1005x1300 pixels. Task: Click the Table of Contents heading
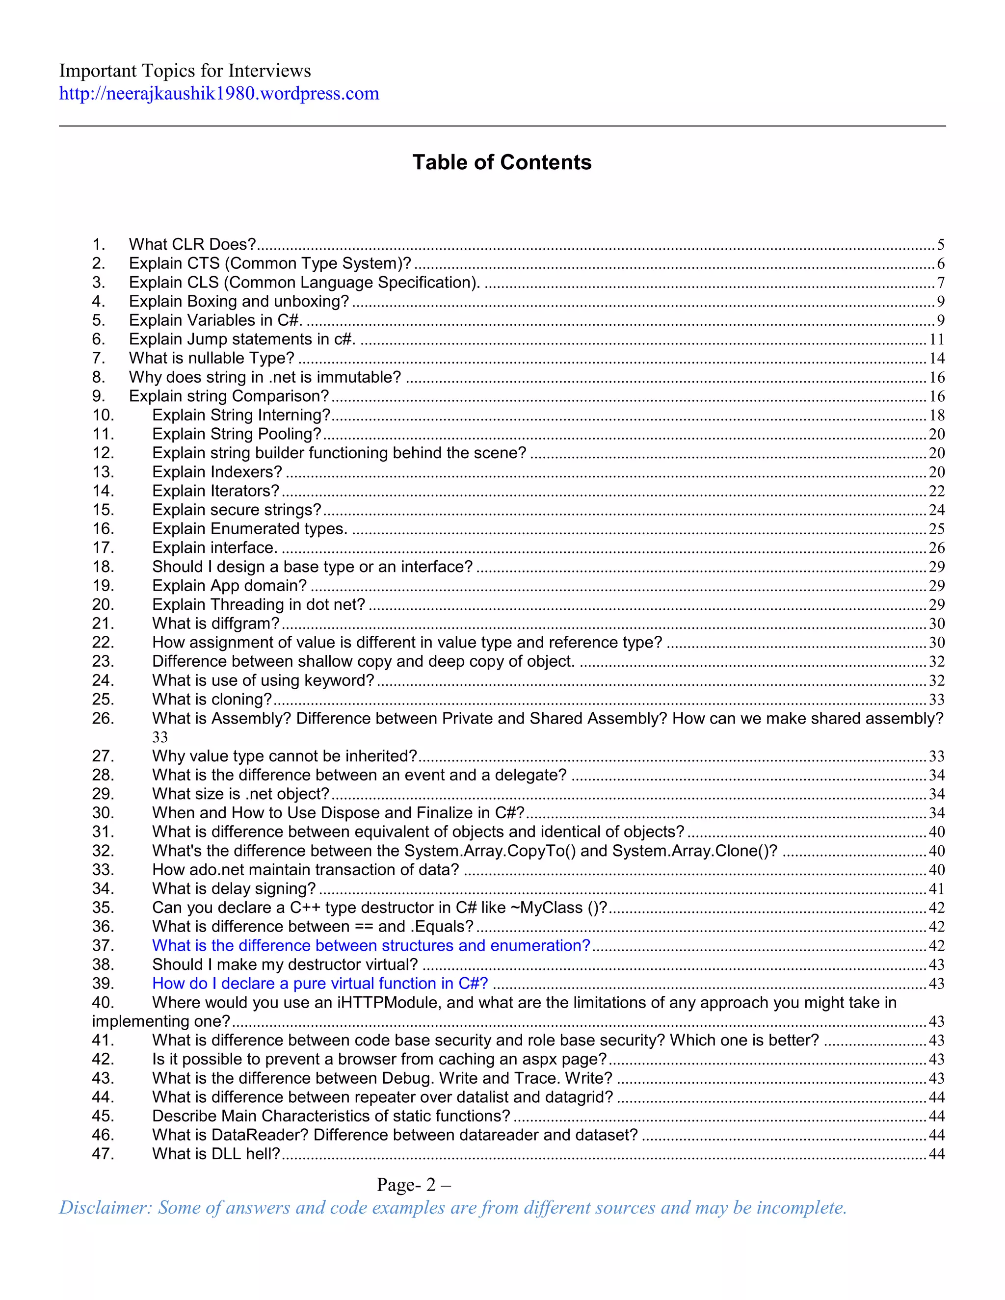pyautogui.click(x=502, y=162)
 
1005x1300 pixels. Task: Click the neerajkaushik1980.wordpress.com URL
pyautogui.click(x=218, y=93)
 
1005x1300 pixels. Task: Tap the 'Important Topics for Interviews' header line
pyautogui.click(x=185, y=71)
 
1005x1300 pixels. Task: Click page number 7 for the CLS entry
pyautogui.click(x=941, y=283)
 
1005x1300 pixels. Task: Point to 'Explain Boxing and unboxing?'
pyautogui.click(x=239, y=302)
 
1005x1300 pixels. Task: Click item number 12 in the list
pyautogui.click(x=103, y=453)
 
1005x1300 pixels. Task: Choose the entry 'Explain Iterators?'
pyautogui.click(x=215, y=491)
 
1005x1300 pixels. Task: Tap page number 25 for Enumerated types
pyautogui.click(x=936, y=529)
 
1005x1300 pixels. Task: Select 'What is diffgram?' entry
pyautogui.click(x=215, y=624)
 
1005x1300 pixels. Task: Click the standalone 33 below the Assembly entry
pyautogui.click(x=160, y=737)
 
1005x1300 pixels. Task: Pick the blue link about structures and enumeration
pyautogui.click(x=371, y=946)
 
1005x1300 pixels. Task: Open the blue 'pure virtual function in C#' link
pyautogui.click(x=320, y=984)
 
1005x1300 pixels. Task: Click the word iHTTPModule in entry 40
pyautogui.click(x=388, y=1003)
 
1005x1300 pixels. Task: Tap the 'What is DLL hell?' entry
pyautogui.click(x=215, y=1154)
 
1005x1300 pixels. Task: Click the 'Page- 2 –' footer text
pyautogui.click(x=413, y=1185)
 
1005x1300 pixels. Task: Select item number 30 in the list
pyautogui.click(x=103, y=813)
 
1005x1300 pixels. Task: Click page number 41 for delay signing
pyautogui.click(x=936, y=889)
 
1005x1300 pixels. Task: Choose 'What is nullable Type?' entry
pyautogui.click(x=212, y=358)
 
